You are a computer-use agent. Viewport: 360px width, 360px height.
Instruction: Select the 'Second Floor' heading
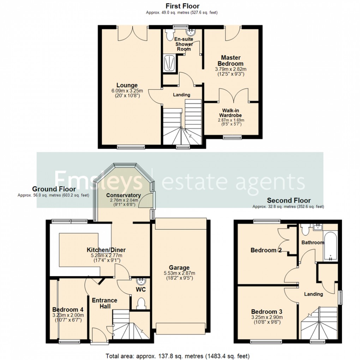tap(289, 200)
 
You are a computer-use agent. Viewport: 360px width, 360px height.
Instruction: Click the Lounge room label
tap(127, 85)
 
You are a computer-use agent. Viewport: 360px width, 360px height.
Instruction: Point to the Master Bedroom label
tap(231, 60)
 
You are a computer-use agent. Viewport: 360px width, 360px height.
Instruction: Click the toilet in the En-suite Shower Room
tap(169, 35)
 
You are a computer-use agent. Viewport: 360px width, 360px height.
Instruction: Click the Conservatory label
tap(124, 196)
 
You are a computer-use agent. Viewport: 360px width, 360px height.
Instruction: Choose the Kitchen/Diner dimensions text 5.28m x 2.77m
tap(106, 256)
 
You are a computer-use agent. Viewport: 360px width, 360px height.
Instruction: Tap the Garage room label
tap(179, 268)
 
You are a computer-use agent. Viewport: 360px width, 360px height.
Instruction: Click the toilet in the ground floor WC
tap(141, 303)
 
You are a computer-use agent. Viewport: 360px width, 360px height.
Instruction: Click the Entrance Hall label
tap(104, 303)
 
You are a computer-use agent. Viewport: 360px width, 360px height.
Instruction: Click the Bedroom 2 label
tap(263, 250)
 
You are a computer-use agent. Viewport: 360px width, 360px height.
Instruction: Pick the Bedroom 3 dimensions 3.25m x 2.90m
tap(267, 317)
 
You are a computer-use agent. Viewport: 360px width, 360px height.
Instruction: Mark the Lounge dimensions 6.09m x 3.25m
tap(127, 91)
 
